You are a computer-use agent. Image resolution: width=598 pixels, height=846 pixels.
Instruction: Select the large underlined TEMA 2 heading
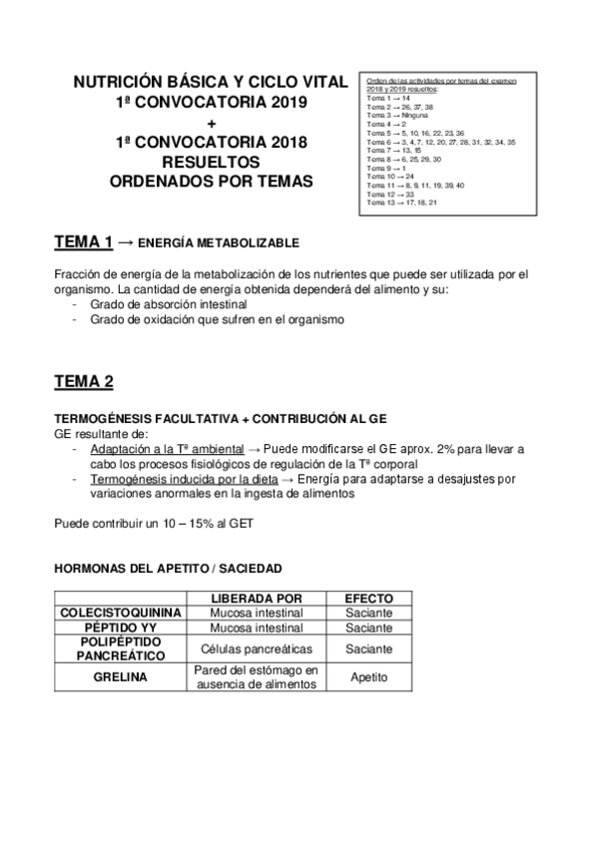(x=83, y=382)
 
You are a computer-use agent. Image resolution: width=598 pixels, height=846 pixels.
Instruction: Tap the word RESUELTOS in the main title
(x=211, y=161)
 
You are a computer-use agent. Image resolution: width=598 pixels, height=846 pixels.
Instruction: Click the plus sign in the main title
(x=211, y=122)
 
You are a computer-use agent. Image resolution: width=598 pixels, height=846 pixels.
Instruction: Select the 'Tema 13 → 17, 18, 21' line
(x=402, y=203)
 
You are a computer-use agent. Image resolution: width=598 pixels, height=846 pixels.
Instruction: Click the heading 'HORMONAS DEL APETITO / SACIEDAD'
(x=167, y=569)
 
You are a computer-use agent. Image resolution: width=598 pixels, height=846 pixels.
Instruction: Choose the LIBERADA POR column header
(x=257, y=598)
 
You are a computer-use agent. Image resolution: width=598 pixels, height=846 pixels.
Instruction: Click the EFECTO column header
(x=368, y=598)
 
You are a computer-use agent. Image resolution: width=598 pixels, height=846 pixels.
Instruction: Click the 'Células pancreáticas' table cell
(x=257, y=649)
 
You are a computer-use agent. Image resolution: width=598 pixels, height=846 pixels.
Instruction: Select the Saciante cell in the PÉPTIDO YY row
(x=368, y=629)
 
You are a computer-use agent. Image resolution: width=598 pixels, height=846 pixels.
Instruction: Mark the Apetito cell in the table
(x=368, y=677)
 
